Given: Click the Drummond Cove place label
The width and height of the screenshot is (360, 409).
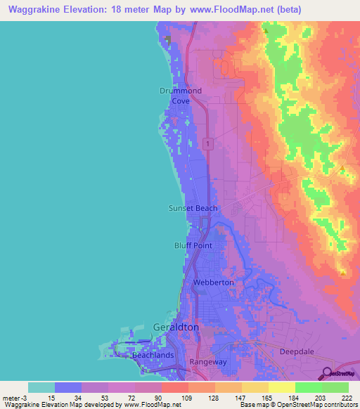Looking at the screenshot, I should (181, 96).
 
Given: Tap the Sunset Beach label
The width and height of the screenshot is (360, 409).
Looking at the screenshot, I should (193, 208).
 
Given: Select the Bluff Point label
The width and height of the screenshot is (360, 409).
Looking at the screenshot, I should (192, 245).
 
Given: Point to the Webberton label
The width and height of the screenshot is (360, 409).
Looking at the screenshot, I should (213, 282).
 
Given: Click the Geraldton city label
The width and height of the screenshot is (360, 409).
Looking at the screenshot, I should (176, 327).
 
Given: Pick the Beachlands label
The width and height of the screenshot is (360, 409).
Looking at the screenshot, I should (153, 356).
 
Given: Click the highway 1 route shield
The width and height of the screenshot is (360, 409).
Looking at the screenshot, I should (208, 143).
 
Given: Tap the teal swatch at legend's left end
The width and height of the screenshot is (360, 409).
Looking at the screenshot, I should (41, 387).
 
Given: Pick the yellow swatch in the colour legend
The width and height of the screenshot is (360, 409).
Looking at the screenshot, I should (281, 387).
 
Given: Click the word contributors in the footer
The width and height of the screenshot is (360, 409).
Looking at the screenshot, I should (342, 405).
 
